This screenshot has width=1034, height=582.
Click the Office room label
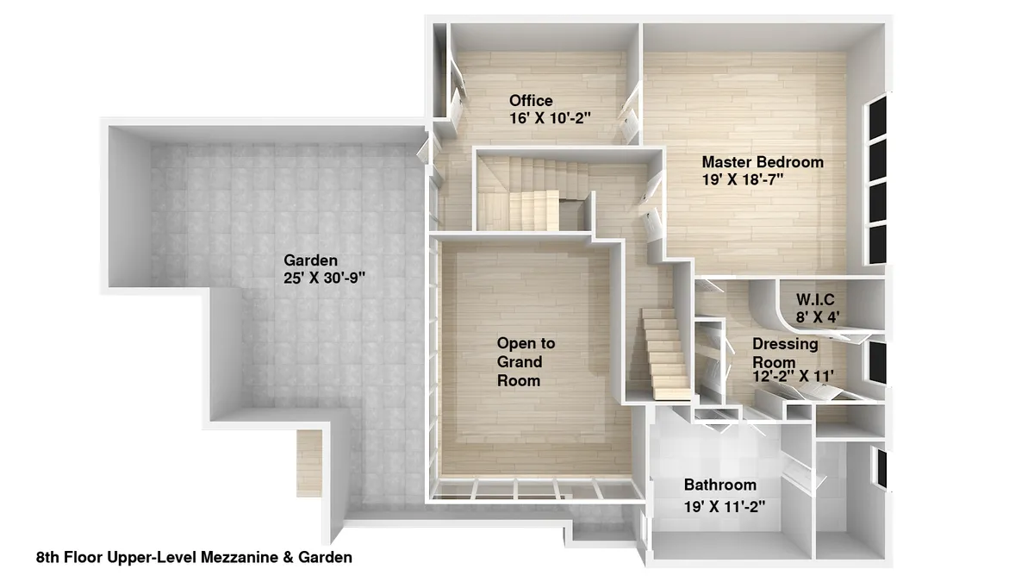click(x=531, y=100)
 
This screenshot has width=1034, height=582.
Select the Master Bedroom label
click(x=762, y=161)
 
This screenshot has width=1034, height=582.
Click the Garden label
click(x=310, y=260)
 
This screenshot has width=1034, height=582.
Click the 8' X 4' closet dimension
click(x=817, y=316)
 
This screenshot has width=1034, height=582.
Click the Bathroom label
click(x=719, y=485)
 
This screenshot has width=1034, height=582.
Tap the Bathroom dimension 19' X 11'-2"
click(x=725, y=506)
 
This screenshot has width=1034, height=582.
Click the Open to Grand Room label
click(x=526, y=361)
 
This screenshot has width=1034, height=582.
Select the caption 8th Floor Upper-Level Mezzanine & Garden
click(x=194, y=557)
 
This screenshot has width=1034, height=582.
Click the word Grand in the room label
click(x=520, y=361)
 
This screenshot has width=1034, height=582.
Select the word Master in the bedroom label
click(x=726, y=161)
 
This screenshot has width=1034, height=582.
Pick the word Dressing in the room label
click(x=785, y=343)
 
